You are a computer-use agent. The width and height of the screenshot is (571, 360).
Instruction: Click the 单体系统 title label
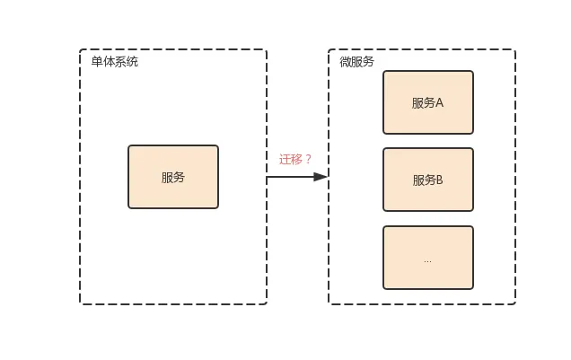click(114, 62)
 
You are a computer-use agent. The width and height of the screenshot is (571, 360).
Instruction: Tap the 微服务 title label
click(356, 62)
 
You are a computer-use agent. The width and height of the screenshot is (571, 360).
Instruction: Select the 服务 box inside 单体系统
click(173, 177)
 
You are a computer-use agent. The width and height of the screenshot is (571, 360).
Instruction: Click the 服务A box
click(428, 102)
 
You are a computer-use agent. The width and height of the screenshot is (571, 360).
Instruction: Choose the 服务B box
click(428, 180)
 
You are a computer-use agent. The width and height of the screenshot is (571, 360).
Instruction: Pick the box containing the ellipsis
click(428, 258)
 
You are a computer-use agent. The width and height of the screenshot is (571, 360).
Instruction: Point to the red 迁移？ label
click(295, 159)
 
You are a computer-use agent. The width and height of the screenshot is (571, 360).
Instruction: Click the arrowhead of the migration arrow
click(321, 177)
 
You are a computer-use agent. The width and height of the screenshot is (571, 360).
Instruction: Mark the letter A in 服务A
click(440, 102)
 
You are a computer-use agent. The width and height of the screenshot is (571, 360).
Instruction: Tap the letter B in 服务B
click(440, 180)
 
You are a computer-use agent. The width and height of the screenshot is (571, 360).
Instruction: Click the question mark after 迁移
click(309, 159)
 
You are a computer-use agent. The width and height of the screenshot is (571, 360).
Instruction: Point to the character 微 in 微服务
click(345, 62)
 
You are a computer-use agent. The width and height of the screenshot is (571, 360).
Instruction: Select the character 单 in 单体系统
click(97, 62)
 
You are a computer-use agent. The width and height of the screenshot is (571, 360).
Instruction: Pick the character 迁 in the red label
click(285, 159)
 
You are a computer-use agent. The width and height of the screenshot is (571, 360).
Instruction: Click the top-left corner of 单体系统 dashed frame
click(81, 50)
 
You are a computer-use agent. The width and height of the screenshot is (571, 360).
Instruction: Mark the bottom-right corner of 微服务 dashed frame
click(514, 303)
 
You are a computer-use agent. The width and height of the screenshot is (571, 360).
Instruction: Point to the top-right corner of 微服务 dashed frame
click(514, 50)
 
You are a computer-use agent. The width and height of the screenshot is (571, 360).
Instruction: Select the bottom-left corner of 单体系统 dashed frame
click(81, 303)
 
